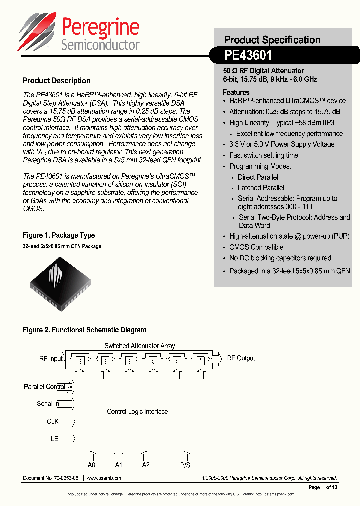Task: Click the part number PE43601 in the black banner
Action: tap(248, 55)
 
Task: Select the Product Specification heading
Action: tap(272, 40)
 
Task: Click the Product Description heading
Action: tap(57, 81)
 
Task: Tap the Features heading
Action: tap(236, 92)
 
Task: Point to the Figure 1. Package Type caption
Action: tap(59, 235)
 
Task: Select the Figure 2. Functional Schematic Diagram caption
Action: tap(85, 330)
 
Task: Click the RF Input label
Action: tap(51, 358)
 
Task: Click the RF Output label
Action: tap(241, 358)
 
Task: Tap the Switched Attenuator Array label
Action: tap(139, 346)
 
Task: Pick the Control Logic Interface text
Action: tap(137, 412)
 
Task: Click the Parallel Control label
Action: tap(44, 387)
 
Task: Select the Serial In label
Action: tap(48, 403)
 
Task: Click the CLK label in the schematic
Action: tap(53, 421)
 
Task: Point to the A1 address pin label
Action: tap(119, 465)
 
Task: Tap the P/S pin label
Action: tap(185, 465)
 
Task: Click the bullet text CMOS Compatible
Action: tap(256, 247)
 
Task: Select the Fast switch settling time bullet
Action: tap(263, 155)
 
